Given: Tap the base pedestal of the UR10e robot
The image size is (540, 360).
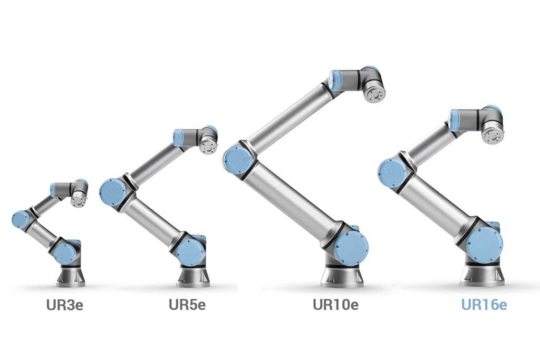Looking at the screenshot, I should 343,274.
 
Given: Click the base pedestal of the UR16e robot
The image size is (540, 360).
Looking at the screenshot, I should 481,274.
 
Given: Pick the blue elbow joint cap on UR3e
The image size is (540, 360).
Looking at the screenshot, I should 20,219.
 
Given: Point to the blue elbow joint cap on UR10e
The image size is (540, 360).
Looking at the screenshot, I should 237,160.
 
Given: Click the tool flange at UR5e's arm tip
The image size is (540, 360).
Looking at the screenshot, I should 208,145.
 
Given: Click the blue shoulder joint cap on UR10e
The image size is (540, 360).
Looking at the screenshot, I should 351,247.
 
